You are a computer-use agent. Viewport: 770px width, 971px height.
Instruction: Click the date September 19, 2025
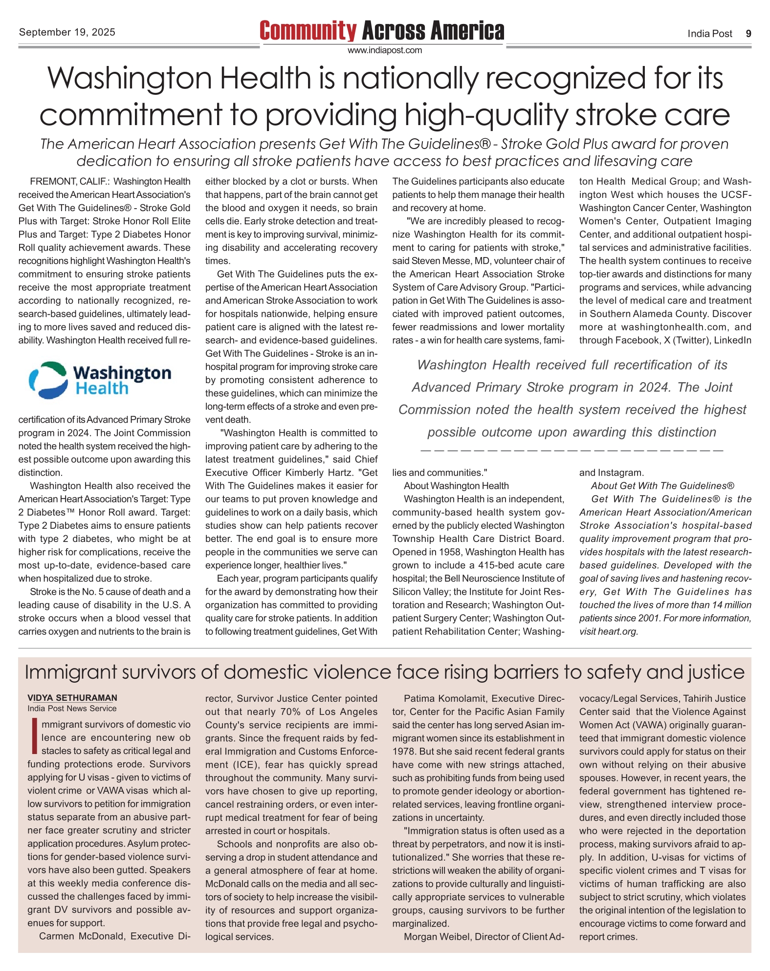[x=67, y=32]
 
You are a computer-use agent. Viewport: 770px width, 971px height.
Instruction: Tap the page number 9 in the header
[x=748, y=34]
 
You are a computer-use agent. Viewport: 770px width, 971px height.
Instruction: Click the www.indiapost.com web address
[x=384, y=50]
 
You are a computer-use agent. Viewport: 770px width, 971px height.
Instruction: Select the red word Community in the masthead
[x=308, y=31]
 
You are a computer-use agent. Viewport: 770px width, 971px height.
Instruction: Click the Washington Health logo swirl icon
[x=48, y=380]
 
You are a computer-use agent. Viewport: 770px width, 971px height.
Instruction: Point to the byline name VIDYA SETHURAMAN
[x=72, y=698]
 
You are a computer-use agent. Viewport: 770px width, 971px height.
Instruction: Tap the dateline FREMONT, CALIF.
[x=69, y=182]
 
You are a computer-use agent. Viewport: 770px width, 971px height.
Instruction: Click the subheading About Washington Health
[x=456, y=486]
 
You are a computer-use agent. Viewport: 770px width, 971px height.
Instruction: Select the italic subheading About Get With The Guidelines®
[x=662, y=486]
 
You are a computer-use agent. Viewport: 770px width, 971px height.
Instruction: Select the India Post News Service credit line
[x=72, y=709]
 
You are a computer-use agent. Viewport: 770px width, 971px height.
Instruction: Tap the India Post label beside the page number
[x=709, y=34]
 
